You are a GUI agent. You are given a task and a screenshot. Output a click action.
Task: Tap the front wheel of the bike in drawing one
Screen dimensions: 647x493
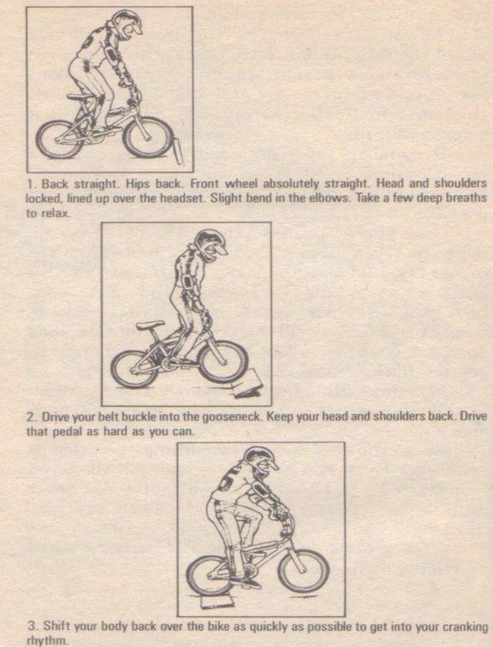pos(148,136)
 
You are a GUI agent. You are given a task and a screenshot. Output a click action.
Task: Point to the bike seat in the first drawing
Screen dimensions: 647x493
pos(75,96)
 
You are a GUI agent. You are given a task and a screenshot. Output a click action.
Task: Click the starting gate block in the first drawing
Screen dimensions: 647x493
pos(178,150)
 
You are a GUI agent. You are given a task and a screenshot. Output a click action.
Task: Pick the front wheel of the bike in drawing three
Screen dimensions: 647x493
pos(304,569)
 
